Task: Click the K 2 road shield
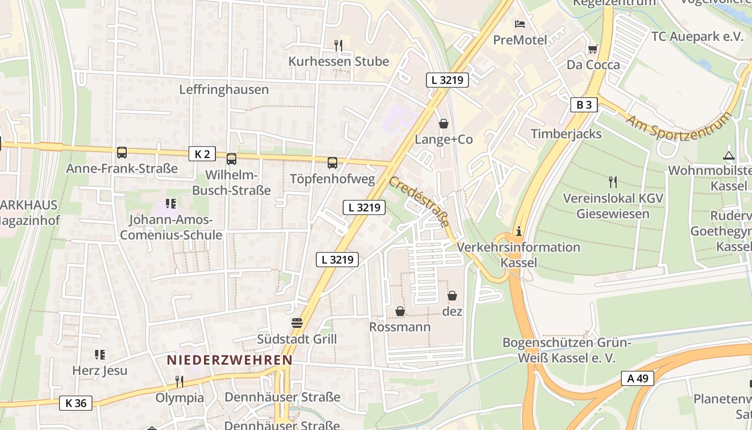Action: (202, 154)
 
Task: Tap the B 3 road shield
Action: (584, 105)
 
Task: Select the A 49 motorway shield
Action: (638, 378)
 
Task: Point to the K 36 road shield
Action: (76, 403)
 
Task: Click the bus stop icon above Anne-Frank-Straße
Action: (122, 153)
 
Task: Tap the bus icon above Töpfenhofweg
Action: (332, 162)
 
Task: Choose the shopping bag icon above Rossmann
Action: (400, 311)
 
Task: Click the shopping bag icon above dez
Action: (452, 296)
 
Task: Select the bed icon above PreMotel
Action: (520, 24)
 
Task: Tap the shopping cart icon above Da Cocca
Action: (592, 49)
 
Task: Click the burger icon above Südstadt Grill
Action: (297, 323)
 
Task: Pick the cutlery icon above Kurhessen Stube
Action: (338, 46)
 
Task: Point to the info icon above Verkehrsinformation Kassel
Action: (518, 232)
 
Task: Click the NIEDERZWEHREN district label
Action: (229, 360)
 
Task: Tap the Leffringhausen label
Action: (224, 89)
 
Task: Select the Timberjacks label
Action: (566, 134)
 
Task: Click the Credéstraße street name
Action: (419, 202)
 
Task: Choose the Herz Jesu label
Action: (100, 370)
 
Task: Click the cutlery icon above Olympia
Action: (179, 382)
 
